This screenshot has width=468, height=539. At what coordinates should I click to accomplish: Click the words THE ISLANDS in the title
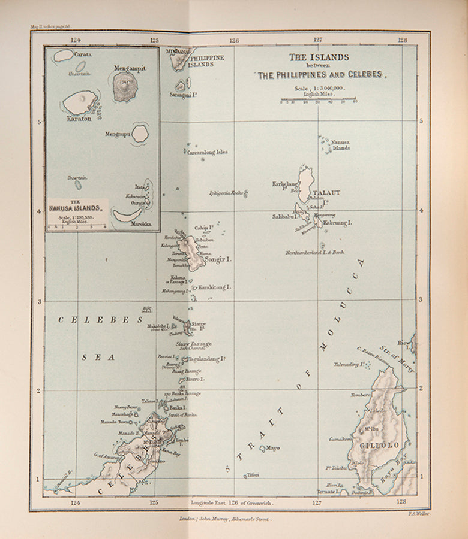point(319,57)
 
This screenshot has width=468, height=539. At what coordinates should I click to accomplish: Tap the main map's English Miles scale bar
point(318,99)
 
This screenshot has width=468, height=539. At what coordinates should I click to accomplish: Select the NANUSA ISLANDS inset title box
point(76,207)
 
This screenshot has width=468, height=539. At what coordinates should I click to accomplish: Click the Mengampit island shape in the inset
point(125,86)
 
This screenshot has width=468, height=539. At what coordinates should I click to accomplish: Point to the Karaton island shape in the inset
point(80,102)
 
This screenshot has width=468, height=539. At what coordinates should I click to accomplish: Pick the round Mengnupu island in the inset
point(140,134)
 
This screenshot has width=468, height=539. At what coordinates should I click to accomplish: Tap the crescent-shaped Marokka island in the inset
point(127,215)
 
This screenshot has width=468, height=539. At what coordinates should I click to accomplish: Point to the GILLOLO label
point(376,446)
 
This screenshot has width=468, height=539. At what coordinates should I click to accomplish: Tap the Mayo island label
point(273,447)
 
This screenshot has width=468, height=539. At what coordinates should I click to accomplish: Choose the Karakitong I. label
point(214,287)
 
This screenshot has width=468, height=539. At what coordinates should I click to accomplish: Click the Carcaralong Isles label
point(208,152)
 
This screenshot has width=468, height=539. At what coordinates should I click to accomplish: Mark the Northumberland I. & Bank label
point(315,252)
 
